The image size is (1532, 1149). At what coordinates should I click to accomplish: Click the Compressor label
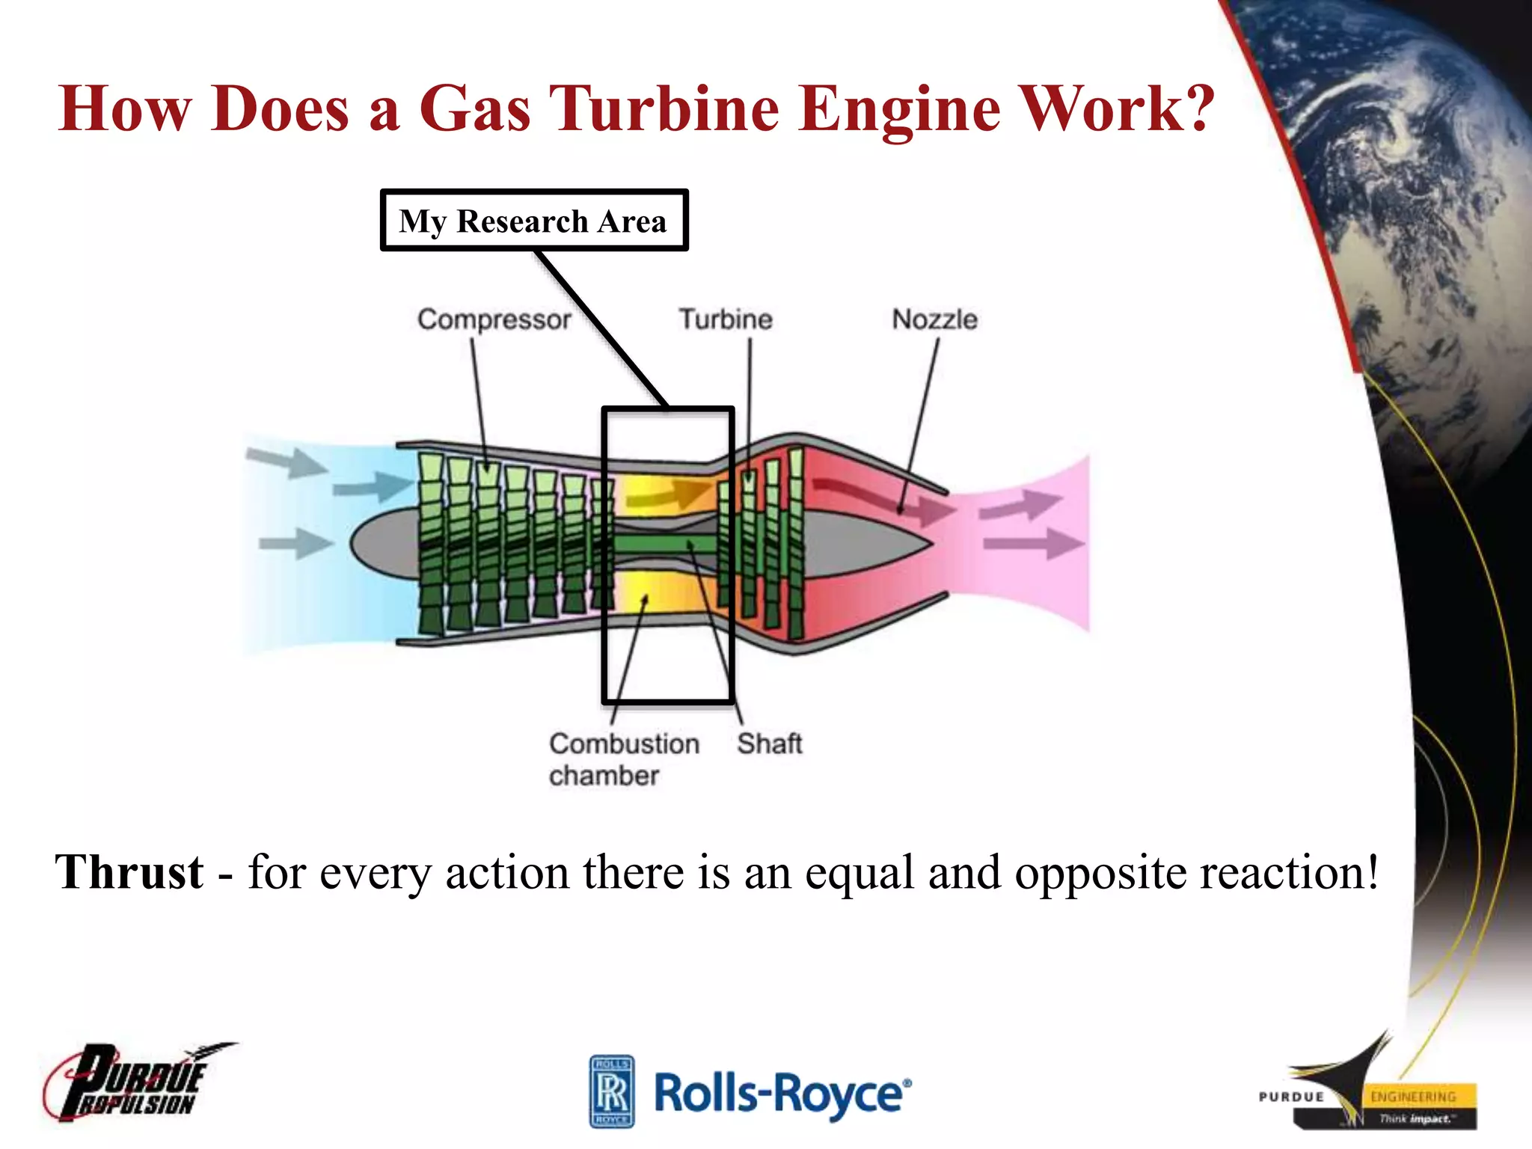[494, 319]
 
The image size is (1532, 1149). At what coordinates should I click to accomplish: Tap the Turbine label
[725, 319]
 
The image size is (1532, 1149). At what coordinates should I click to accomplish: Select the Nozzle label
[934, 319]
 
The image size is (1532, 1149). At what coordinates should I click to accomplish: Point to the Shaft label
[769, 744]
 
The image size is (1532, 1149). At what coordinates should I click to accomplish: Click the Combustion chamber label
[623, 759]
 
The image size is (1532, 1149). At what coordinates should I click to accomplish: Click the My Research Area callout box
[533, 221]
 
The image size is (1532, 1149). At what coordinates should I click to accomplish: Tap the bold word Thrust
[129, 872]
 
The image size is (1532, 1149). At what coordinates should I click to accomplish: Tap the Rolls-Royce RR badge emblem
[611, 1091]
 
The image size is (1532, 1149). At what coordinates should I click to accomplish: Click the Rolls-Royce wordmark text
[782, 1094]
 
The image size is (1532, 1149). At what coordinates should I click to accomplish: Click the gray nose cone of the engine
[382, 543]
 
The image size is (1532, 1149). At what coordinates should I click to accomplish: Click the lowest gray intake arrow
[295, 543]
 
